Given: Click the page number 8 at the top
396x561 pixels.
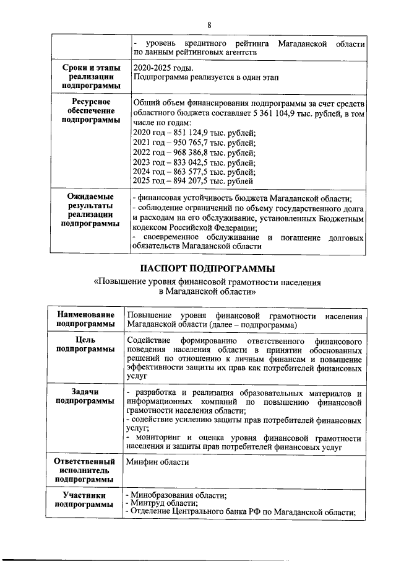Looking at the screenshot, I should tap(209, 25).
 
